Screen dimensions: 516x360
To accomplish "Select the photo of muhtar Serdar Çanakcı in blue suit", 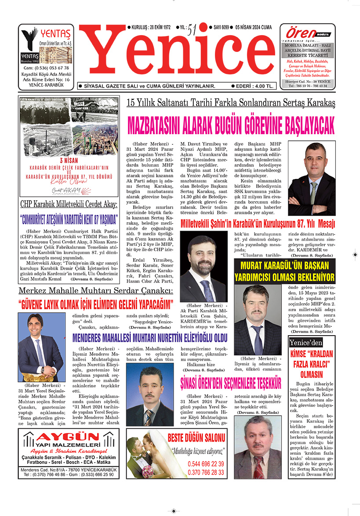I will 41,347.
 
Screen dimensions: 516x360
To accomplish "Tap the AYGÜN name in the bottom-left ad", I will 68,437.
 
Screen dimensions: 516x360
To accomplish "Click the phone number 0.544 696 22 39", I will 205,464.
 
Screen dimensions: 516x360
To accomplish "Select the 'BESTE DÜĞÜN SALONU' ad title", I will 196,438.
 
